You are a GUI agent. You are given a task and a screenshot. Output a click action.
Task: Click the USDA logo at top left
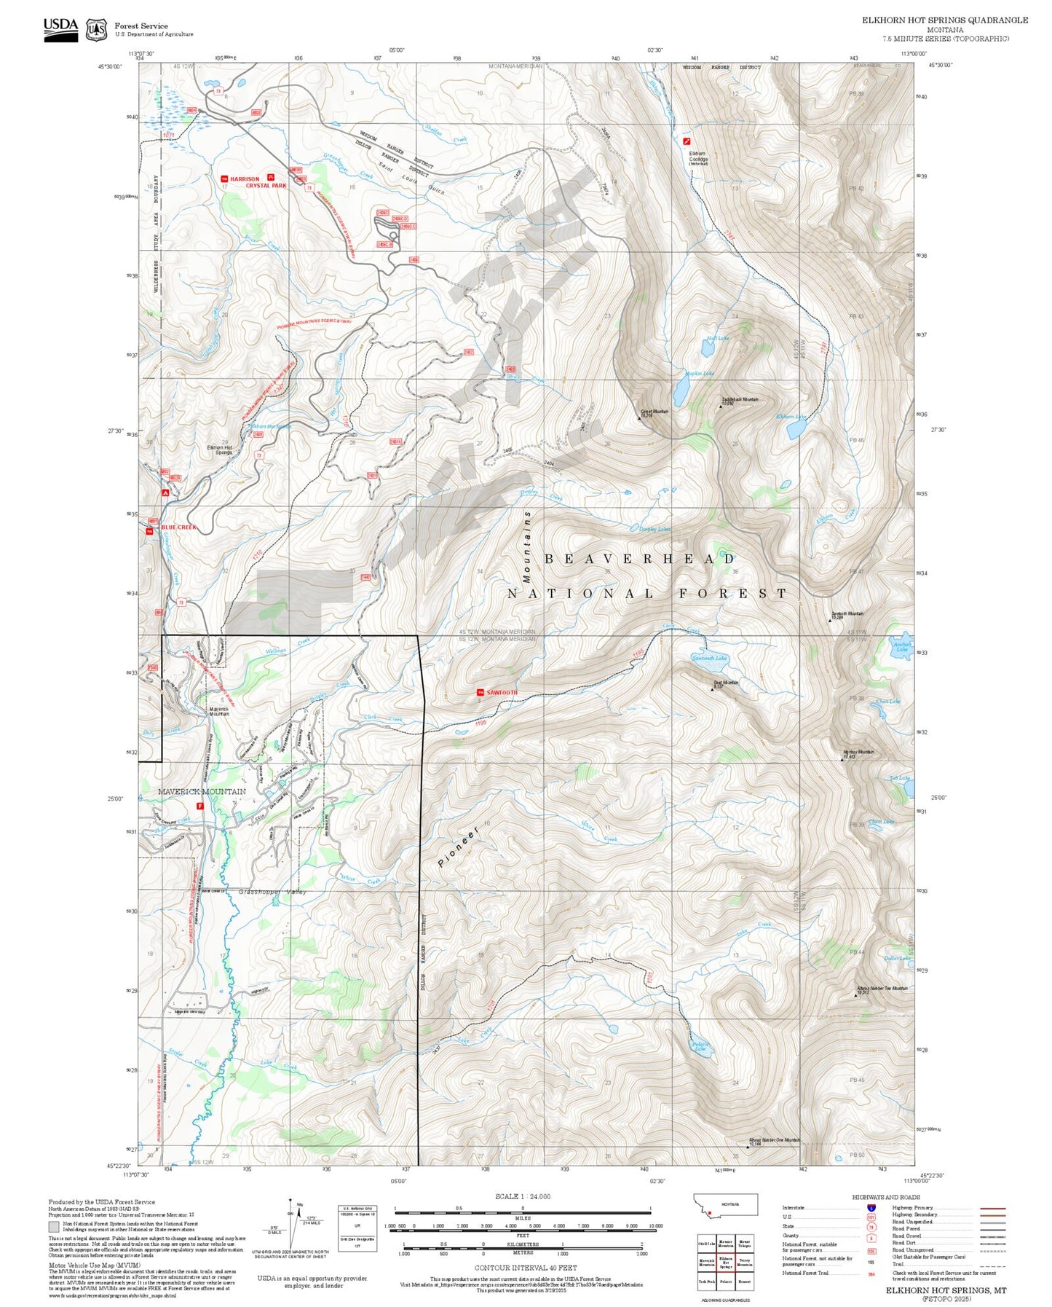click(60, 29)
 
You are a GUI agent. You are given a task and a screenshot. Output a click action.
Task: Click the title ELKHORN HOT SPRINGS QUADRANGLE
click(944, 20)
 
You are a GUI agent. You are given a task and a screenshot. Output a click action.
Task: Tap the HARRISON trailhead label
click(245, 179)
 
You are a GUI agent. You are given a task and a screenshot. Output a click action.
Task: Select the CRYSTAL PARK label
click(266, 186)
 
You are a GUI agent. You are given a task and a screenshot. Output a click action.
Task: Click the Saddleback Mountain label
click(739, 400)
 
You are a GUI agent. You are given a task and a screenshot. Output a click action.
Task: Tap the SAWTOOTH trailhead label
click(502, 692)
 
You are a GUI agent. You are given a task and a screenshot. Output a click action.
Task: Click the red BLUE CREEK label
click(179, 527)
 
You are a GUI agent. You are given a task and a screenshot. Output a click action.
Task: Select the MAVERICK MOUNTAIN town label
click(202, 791)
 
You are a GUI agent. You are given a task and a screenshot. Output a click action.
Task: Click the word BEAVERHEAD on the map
click(640, 559)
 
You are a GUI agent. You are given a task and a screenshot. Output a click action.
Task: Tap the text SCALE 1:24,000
click(523, 1196)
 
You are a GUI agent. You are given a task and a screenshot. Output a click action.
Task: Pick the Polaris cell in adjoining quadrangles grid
click(725, 1281)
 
